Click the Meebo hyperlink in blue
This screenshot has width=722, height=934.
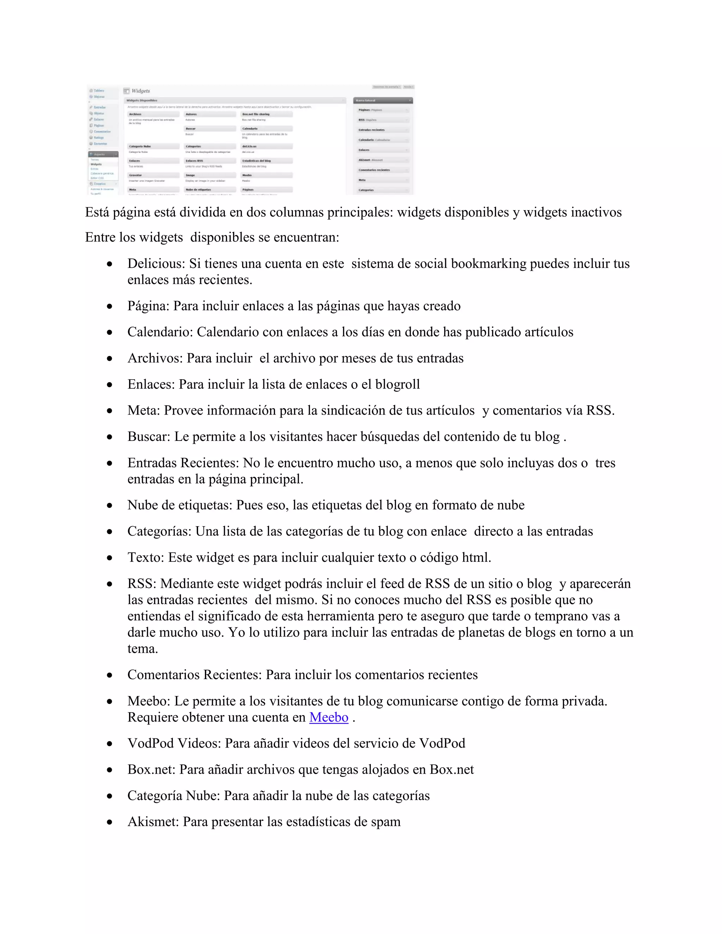pyautogui.click(x=329, y=717)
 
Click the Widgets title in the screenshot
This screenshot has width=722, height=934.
pyautogui.click(x=140, y=91)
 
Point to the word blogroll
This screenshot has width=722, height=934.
pyautogui.click(x=397, y=384)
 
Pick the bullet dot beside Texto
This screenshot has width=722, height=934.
pyautogui.click(x=110, y=558)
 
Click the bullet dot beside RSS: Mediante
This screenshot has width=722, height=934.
pyautogui.click(x=110, y=584)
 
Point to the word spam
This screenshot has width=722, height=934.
pyautogui.click(x=386, y=822)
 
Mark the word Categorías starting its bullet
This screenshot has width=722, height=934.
pyautogui.click(x=159, y=531)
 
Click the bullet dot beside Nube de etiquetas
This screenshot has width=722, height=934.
pyautogui.click(x=110, y=505)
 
